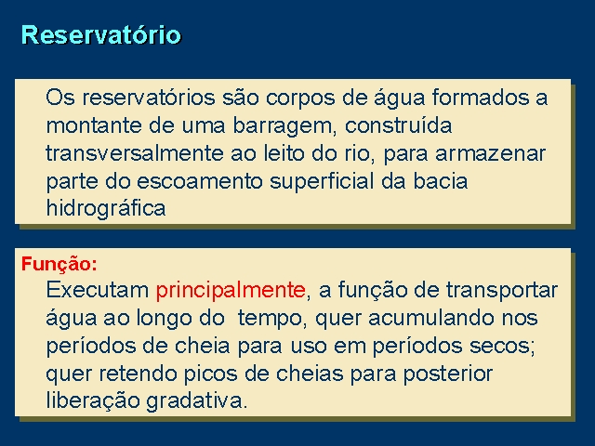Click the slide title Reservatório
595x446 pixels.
[x=101, y=34]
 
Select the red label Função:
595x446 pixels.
[x=59, y=264]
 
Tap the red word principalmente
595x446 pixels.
[x=231, y=291]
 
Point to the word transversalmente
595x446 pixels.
[x=135, y=153]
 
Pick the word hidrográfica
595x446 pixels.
[x=106, y=209]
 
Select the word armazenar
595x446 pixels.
[x=490, y=154]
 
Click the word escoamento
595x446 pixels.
[x=200, y=181]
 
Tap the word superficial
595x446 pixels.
[x=322, y=182]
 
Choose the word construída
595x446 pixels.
[x=399, y=125]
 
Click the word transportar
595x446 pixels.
[x=502, y=291]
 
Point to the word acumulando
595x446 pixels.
[x=431, y=318]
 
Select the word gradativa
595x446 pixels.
[x=196, y=401]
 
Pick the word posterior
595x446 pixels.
[x=448, y=374]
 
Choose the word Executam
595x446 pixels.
[x=98, y=291]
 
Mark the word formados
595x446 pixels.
[x=480, y=98]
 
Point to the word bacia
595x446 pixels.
[x=440, y=181]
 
